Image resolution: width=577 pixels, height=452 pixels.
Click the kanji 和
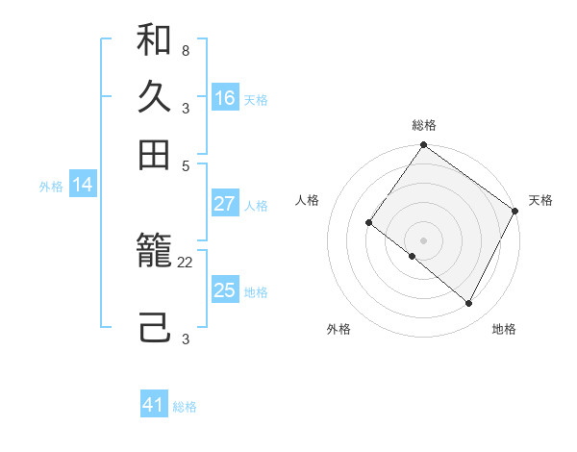tap(154, 41)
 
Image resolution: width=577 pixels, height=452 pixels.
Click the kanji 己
tap(154, 327)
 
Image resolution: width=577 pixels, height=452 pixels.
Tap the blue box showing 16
tap(225, 98)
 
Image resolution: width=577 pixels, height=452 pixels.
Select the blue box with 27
tap(225, 204)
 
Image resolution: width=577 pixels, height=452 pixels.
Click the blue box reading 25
tap(225, 290)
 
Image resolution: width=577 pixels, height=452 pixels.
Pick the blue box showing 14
tap(83, 186)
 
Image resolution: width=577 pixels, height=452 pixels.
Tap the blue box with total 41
tap(154, 405)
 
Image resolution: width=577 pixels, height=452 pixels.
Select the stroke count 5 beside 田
tap(185, 165)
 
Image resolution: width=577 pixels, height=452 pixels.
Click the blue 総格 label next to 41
tap(185, 407)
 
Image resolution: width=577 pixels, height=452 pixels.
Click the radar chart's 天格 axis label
tap(540, 200)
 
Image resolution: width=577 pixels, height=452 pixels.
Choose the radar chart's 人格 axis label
tap(308, 200)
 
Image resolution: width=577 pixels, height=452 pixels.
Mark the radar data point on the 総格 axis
tap(423, 146)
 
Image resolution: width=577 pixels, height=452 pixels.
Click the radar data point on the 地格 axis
tap(469, 304)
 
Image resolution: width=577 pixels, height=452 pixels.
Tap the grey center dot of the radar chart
tap(423, 239)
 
